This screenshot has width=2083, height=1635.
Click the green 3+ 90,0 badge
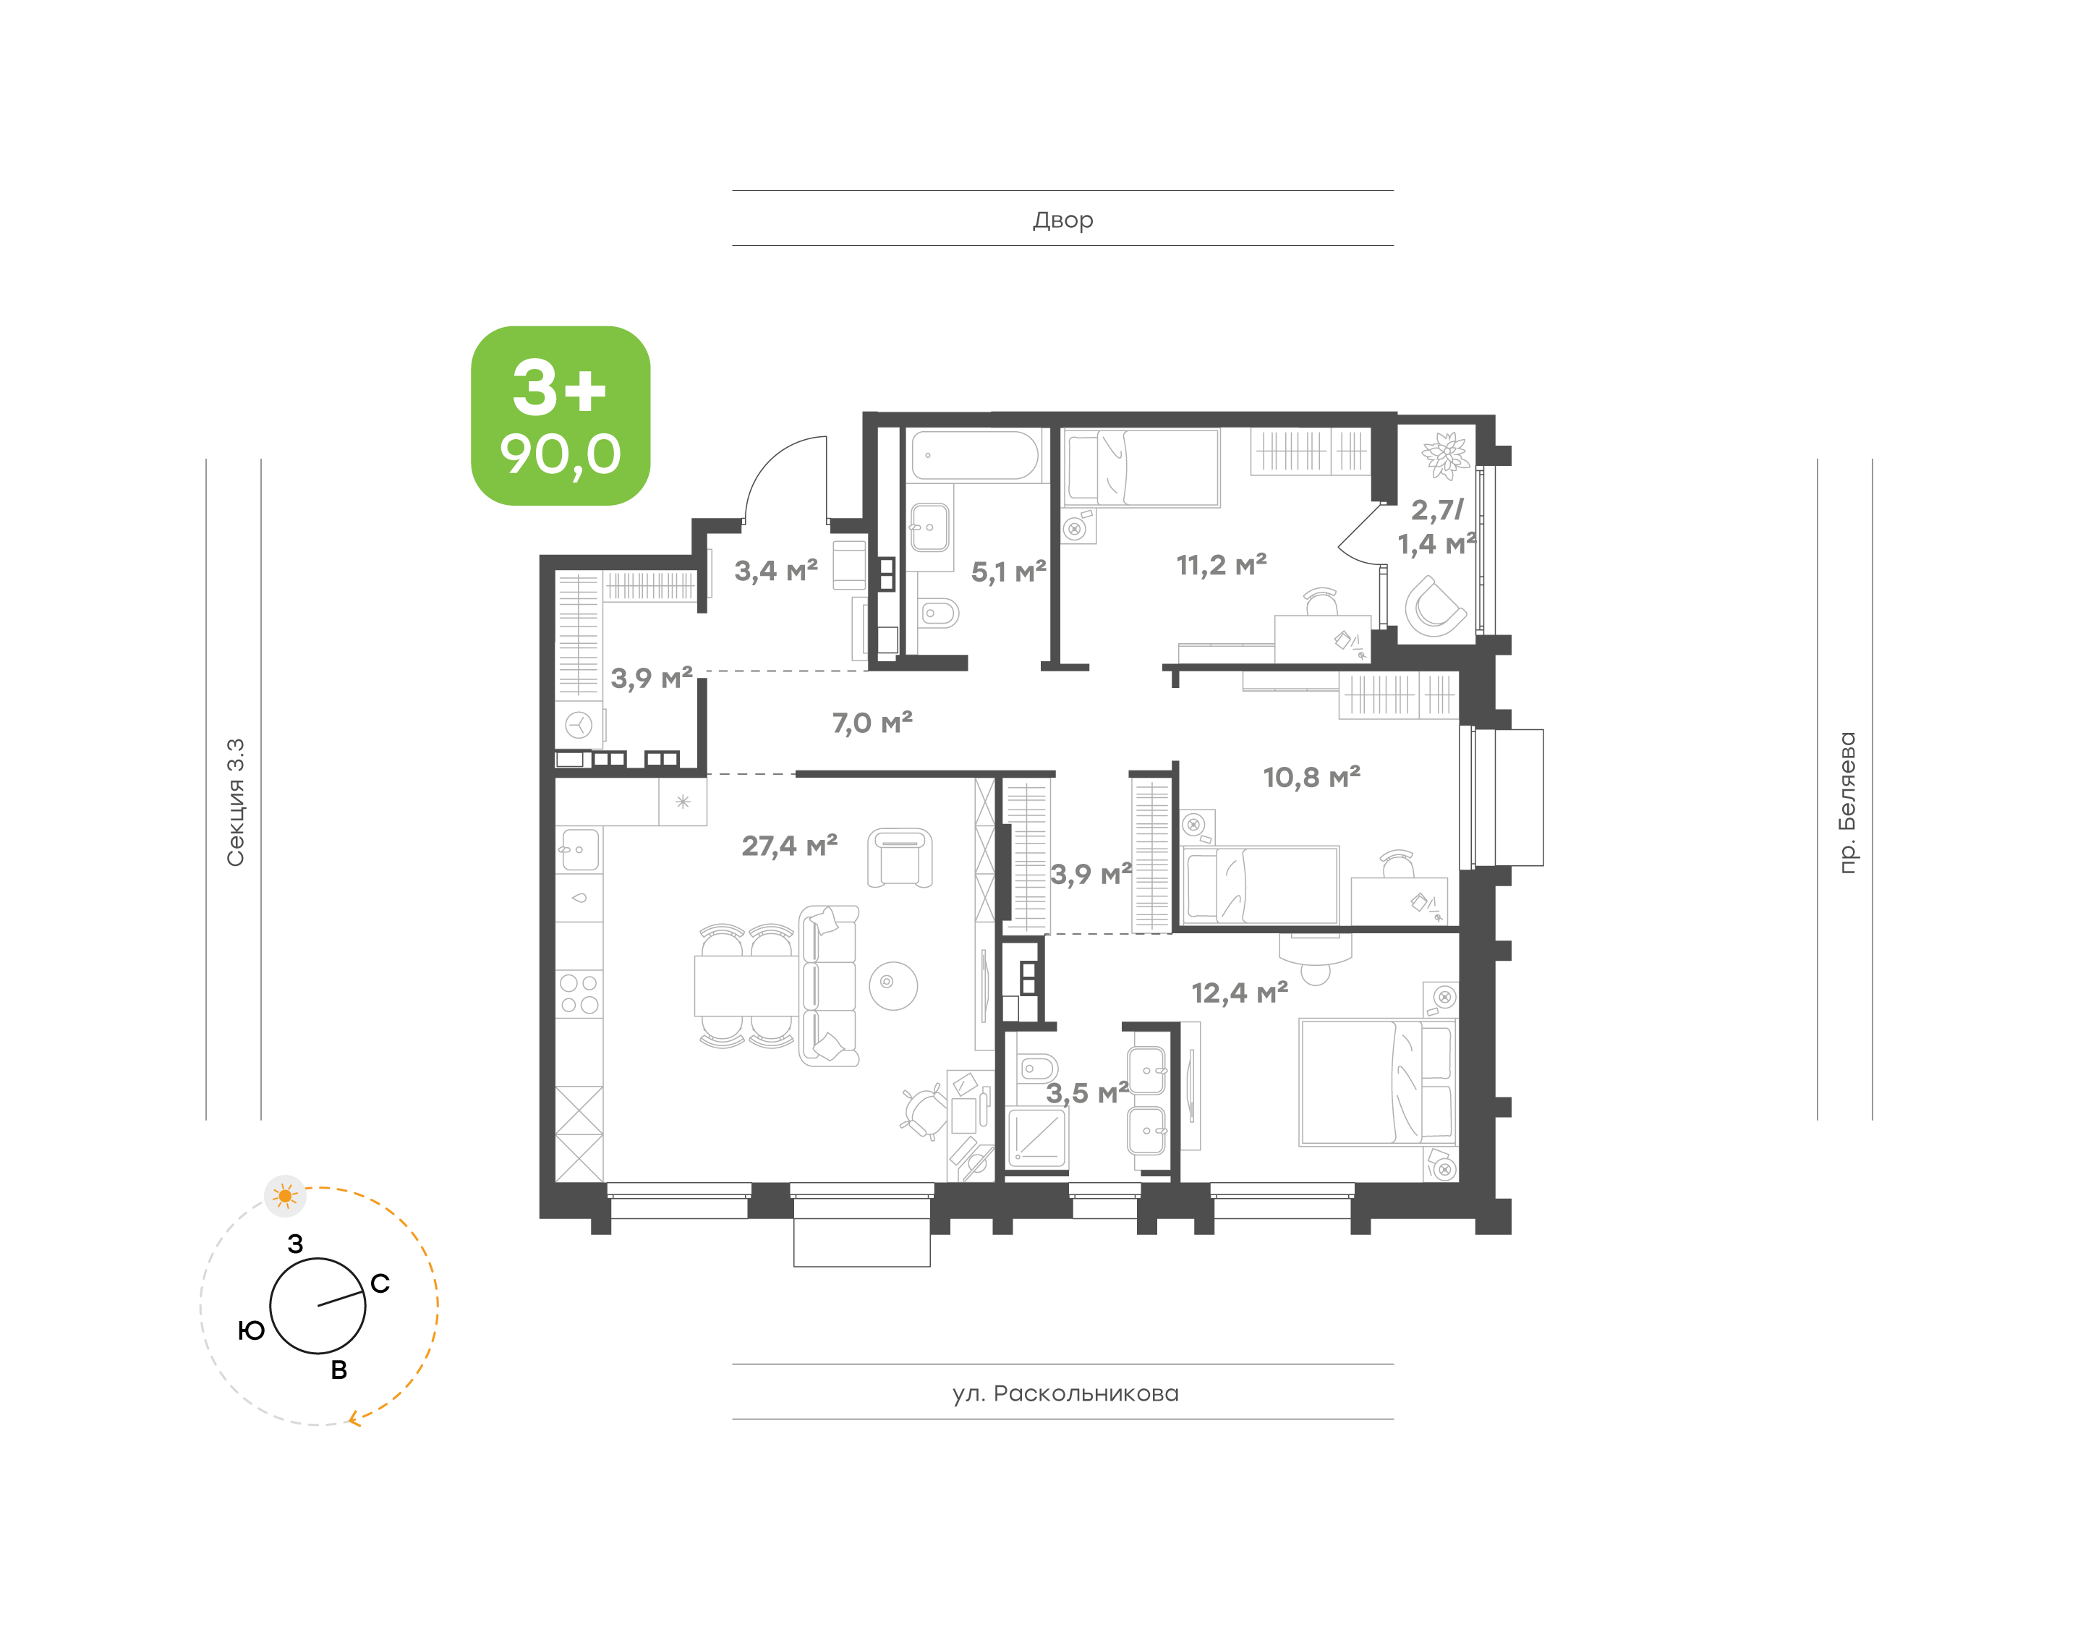[561, 415]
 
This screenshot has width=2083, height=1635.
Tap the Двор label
[1062, 220]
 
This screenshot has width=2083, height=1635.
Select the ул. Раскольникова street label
[1065, 1393]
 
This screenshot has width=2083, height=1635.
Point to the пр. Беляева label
[1846, 802]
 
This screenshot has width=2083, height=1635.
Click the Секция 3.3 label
[235, 802]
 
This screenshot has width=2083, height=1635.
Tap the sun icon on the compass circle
[285, 1196]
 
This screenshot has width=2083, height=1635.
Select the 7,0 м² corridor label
[872, 723]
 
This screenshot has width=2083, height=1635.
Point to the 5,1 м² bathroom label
[1008, 572]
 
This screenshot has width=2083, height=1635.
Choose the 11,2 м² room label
[1221, 566]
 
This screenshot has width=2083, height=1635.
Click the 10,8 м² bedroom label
[1311, 777]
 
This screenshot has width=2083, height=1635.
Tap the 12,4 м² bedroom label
[1239, 993]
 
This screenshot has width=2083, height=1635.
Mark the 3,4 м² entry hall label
[775, 572]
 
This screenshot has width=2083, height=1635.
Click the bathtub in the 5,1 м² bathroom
[975, 456]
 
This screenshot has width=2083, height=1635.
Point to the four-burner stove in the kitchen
[579, 993]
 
